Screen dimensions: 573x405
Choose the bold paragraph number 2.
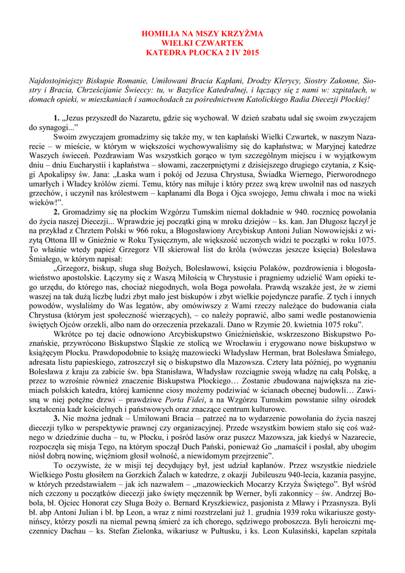pos(56,213)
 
